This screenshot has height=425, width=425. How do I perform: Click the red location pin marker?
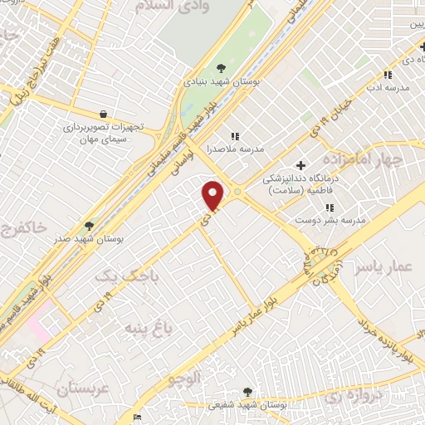coord(213,195)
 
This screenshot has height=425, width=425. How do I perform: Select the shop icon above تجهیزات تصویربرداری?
coord(102,114)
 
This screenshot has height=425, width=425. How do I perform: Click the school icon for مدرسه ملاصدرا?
coord(235,135)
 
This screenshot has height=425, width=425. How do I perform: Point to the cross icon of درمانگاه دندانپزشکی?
coord(300,164)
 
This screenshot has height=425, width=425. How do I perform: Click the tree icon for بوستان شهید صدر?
coord(89,225)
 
